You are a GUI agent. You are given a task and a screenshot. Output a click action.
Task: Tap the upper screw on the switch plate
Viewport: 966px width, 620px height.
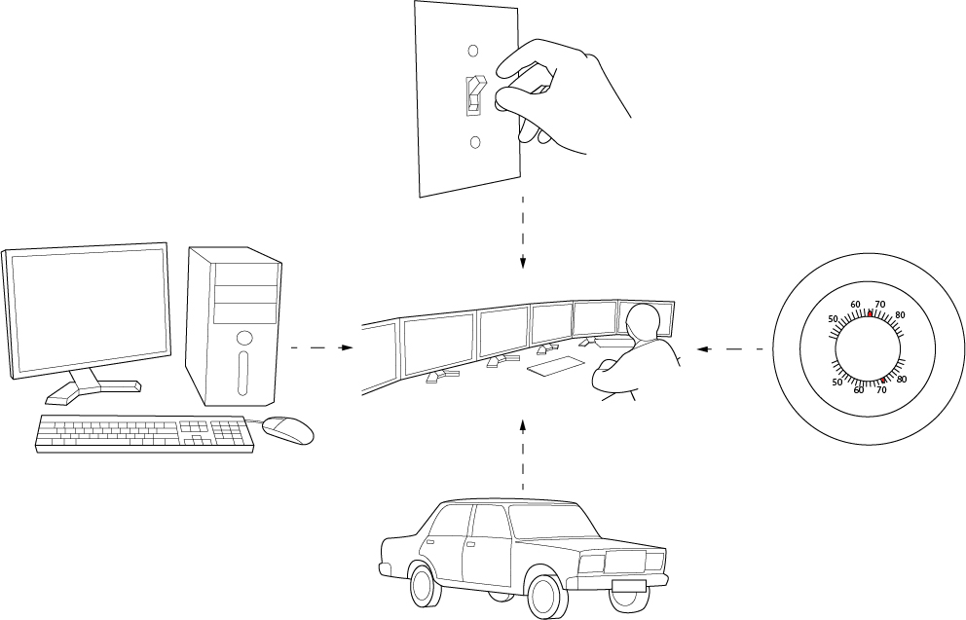click(474, 50)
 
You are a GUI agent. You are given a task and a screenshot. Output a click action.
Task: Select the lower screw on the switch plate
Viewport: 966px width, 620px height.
click(475, 143)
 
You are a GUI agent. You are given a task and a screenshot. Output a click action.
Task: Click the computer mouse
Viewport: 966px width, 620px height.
click(288, 428)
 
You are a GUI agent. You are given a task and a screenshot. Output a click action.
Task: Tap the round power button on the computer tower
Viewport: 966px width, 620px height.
click(243, 339)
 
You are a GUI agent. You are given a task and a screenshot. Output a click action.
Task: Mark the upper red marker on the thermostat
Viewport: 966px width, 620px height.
click(870, 314)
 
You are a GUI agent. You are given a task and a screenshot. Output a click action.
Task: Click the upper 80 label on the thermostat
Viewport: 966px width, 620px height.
click(900, 315)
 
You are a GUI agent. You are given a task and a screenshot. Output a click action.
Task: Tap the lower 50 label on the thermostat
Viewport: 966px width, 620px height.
click(836, 382)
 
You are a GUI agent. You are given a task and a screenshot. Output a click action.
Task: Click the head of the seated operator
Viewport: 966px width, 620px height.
click(643, 321)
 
